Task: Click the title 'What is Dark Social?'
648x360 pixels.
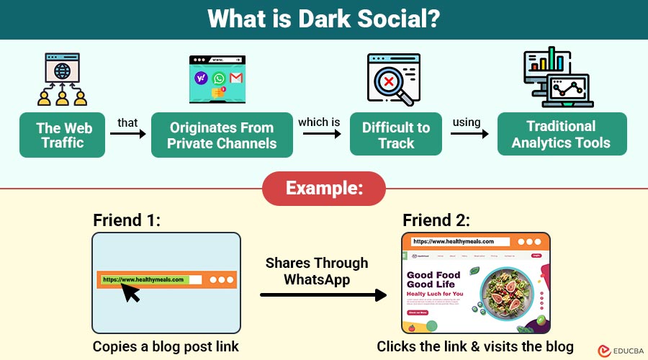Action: pyautogui.click(x=323, y=19)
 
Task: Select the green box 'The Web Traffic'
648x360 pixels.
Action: pyautogui.click(x=64, y=135)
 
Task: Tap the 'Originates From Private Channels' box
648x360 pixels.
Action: pyautogui.click(x=222, y=135)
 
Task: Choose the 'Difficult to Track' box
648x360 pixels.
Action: pyautogui.click(x=395, y=135)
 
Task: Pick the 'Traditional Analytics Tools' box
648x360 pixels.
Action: pyautogui.click(x=561, y=134)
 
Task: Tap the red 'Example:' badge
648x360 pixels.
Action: pyautogui.click(x=323, y=189)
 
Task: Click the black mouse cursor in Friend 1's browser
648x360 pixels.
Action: pyautogui.click(x=132, y=292)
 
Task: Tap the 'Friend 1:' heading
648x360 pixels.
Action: pyautogui.click(x=127, y=220)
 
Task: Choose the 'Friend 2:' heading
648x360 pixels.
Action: pyautogui.click(x=436, y=220)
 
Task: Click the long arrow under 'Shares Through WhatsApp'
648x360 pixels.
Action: pyautogui.click(x=323, y=294)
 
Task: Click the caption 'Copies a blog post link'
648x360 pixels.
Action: pyautogui.click(x=166, y=346)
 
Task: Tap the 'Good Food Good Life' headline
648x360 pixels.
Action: pyautogui.click(x=434, y=279)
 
